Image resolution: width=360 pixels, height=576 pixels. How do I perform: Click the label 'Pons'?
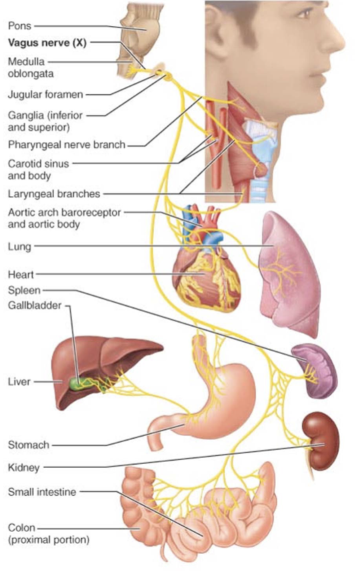(x=20, y=26)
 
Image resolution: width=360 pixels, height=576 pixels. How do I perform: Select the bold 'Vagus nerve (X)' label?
(x=47, y=43)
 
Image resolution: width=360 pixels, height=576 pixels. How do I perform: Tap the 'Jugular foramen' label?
(x=45, y=95)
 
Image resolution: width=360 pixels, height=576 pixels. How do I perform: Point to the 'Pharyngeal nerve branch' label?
(x=67, y=145)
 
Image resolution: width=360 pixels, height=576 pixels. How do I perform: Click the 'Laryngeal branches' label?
(x=54, y=193)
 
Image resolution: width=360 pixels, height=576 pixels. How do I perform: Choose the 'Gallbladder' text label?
(x=35, y=305)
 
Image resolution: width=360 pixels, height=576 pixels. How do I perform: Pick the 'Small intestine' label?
(x=42, y=492)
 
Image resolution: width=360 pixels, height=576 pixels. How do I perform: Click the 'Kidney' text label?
(x=23, y=468)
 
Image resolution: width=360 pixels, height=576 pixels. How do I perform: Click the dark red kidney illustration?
(x=321, y=441)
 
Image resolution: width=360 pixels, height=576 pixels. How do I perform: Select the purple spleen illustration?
(x=316, y=371)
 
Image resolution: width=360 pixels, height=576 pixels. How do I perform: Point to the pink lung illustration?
(x=289, y=272)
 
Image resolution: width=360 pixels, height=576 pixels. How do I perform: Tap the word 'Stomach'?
(x=29, y=445)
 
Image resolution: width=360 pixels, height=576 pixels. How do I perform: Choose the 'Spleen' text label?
(x=24, y=291)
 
